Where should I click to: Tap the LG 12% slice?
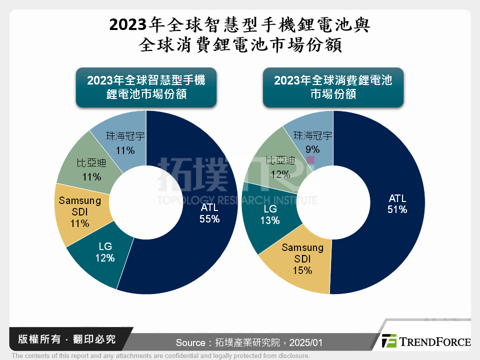click(x=102, y=257)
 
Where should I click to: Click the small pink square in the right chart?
click(x=310, y=160)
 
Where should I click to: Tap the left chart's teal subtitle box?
click(x=146, y=87)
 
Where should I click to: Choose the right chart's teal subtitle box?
click(x=333, y=87)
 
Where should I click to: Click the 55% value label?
click(x=210, y=218)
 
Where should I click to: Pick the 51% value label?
click(x=397, y=210)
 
